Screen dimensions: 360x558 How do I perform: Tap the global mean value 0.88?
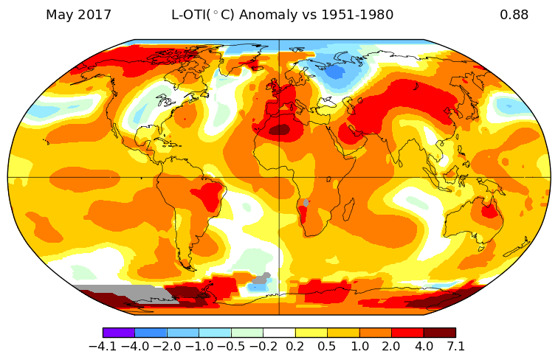514,15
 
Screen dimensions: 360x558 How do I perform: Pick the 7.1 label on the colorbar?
455,345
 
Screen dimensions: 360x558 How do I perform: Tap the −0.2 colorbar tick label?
263,345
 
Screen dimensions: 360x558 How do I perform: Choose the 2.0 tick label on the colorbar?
391,345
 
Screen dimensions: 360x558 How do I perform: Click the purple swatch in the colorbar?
119,333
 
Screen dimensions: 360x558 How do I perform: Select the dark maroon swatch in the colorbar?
439,333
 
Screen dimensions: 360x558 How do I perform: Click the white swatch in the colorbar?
279,333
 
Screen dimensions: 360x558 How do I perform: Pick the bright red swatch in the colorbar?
407,333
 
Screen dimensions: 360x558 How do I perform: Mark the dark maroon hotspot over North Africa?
279,130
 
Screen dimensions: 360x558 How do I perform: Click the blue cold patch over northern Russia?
336,72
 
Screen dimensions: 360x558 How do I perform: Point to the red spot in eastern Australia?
488,211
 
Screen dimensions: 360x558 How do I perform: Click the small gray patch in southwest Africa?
306,202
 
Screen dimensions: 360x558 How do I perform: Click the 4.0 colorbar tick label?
424,345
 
